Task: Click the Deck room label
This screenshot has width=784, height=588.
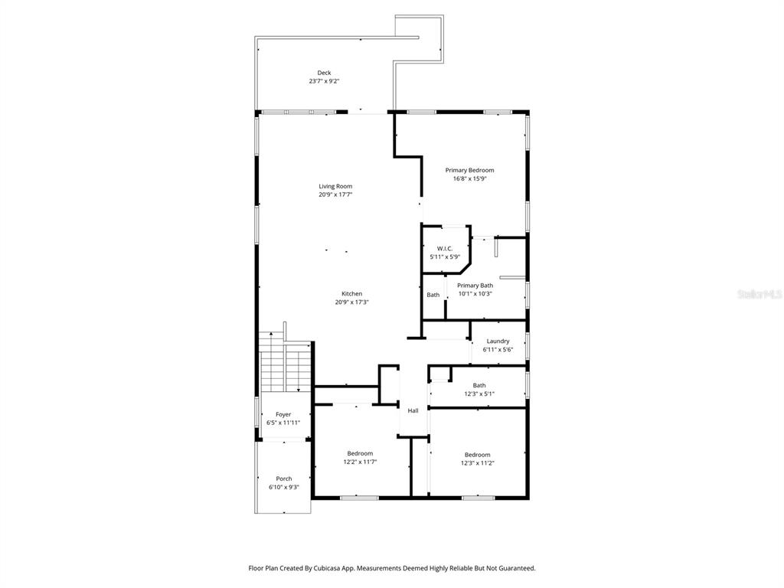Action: point(325,73)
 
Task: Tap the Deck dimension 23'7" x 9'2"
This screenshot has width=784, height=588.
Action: point(325,80)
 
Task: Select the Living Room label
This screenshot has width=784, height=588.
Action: point(335,186)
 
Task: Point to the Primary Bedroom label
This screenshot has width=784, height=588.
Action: point(469,170)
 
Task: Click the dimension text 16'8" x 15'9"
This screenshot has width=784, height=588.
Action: point(469,178)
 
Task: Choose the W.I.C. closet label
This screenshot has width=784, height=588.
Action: point(445,249)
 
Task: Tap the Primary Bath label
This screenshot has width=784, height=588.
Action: point(475,286)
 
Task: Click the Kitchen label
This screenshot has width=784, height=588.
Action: point(351,294)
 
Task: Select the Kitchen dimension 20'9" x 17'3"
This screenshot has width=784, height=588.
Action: point(351,302)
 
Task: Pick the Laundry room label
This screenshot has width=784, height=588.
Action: point(498,341)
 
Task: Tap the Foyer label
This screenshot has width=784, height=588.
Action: point(283,414)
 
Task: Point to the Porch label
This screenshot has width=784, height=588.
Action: point(283,479)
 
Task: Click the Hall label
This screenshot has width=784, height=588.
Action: point(413,410)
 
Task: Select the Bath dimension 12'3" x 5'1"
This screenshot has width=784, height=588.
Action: point(479,394)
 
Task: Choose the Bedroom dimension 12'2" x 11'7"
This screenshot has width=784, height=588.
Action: point(360,462)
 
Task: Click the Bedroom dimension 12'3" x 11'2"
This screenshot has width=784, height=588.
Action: point(477,462)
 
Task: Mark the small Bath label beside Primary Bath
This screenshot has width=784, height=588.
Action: point(433,295)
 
